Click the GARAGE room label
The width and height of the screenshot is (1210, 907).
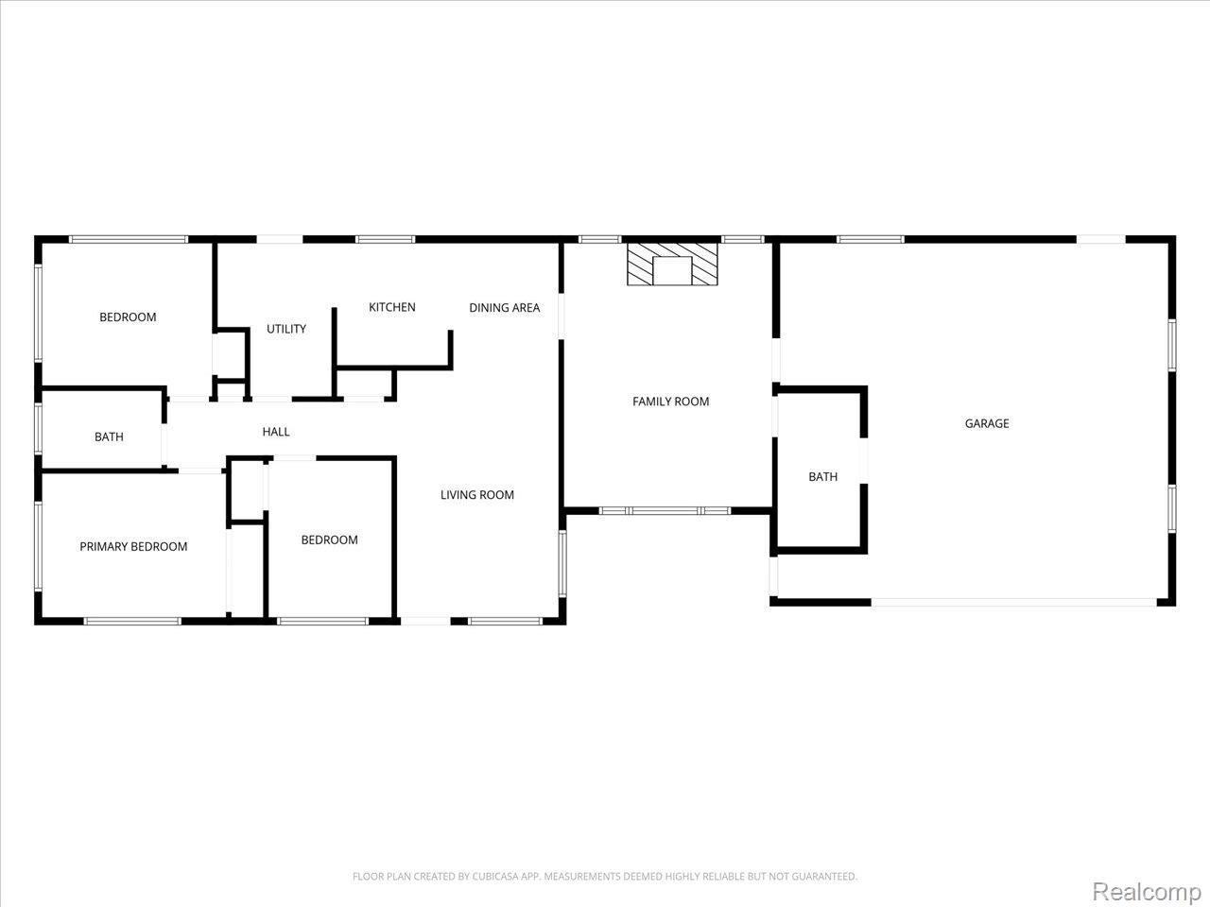pos(986,423)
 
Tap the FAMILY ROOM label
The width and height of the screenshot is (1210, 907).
pos(670,402)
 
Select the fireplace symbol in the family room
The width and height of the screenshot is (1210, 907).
pos(673,264)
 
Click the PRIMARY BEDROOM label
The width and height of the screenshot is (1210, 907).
pos(133,546)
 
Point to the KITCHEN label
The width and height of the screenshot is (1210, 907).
pos(391,307)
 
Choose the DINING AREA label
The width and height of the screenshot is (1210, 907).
pos(504,307)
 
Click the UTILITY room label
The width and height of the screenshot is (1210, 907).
pos(285,329)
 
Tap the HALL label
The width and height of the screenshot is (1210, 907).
pos(276,432)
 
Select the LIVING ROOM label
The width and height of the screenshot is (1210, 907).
pos(477,494)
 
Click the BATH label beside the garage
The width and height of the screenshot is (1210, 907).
pos(822,476)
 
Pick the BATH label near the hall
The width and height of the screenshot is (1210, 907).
pos(109,436)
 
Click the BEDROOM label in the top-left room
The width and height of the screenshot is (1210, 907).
pos(128,317)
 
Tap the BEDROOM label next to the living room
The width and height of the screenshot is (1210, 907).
pos(329,539)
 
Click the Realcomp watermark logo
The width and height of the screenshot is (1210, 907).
pos(1147,891)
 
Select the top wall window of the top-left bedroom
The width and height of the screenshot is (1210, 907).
pos(129,239)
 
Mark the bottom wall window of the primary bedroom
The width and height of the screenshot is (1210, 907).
pos(132,621)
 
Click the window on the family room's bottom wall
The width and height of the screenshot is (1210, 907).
pos(665,511)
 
